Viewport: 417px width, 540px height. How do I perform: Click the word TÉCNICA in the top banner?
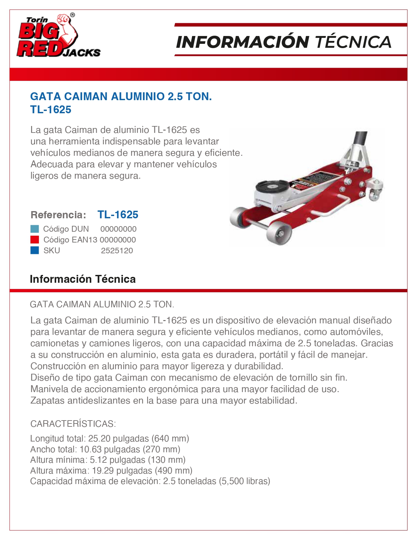tap(353, 42)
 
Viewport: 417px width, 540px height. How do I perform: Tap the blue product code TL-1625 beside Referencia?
tap(118, 215)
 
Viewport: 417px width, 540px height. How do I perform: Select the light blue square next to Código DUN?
tap(35, 229)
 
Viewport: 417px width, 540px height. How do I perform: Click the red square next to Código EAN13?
tap(35, 240)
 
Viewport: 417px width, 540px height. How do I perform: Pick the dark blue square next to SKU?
tap(35, 250)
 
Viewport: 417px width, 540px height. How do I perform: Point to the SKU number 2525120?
tap(117, 251)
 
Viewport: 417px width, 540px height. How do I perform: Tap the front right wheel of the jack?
tap(279, 233)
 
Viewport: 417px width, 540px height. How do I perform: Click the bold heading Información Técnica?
tap(82, 279)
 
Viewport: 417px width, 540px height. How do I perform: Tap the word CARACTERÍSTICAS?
tap(73, 424)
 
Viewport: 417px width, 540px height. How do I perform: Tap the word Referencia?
tap(58, 215)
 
